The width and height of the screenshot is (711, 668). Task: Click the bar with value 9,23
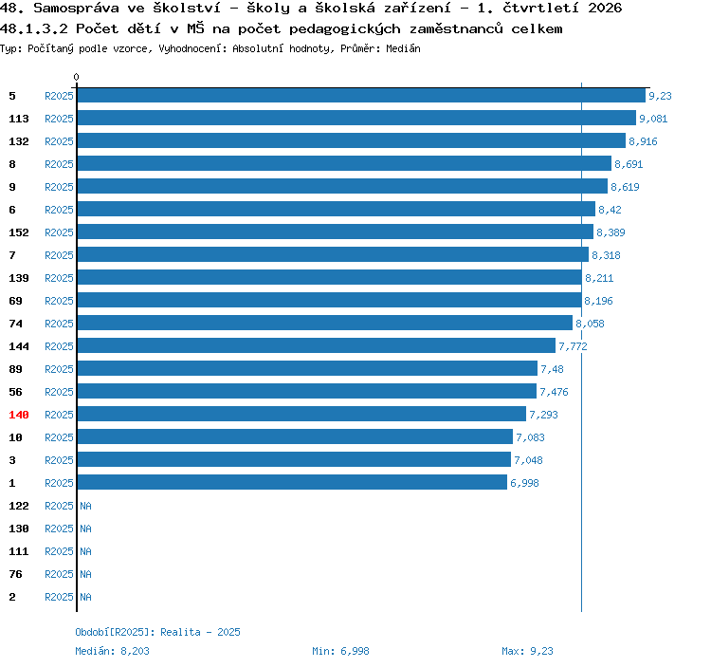point(361,95)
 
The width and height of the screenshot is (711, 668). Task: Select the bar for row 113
point(356,118)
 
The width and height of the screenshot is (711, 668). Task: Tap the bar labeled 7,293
point(301,414)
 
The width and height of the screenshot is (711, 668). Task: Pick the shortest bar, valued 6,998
point(292,482)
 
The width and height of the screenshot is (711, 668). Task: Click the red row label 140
point(19,415)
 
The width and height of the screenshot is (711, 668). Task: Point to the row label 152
point(19,232)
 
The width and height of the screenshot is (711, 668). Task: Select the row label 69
point(15,301)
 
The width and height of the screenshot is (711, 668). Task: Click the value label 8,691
point(629,164)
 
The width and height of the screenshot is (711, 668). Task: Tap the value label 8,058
point(590,324)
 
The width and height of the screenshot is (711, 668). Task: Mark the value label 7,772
point(573,346)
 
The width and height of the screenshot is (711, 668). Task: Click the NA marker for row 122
point(85,506)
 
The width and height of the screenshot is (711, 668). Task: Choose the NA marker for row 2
point(85,597)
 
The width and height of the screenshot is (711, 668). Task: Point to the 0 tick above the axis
point(76,77)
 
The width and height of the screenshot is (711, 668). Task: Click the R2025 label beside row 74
point(59,324)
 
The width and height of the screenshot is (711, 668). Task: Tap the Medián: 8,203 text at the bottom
point(112,651)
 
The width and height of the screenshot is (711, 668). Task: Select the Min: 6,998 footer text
point(340,651)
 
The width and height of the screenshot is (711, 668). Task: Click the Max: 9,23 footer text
point(527,651)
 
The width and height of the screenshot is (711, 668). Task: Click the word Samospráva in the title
point(76,8)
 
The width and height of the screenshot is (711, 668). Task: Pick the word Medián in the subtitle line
point(403,48)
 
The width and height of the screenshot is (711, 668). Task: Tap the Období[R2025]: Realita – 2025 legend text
point(157,632)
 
